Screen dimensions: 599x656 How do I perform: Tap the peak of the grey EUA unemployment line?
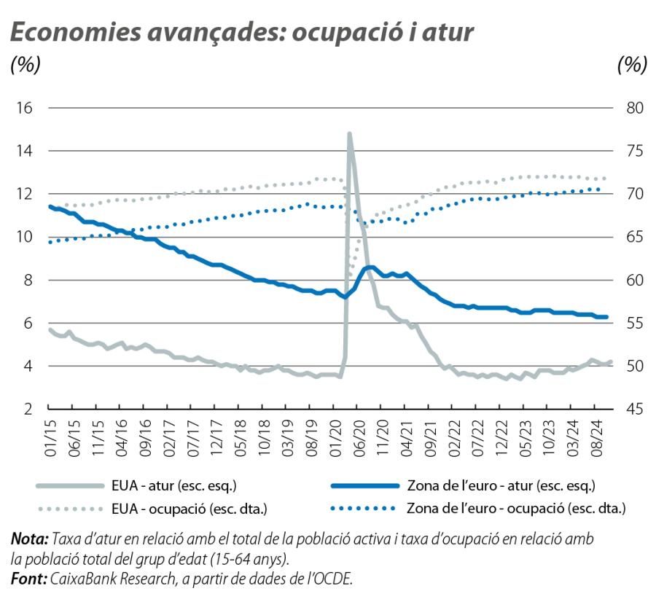pos(350,134)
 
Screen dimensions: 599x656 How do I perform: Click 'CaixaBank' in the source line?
pos(82,579)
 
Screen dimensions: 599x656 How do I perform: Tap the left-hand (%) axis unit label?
pos(25,66)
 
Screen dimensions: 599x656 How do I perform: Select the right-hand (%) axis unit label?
pos(631,66)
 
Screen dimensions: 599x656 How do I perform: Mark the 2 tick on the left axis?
pos(28,409)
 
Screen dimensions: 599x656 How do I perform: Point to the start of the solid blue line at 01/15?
pos(50,207)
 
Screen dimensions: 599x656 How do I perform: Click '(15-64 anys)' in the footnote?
pos(252,559)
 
